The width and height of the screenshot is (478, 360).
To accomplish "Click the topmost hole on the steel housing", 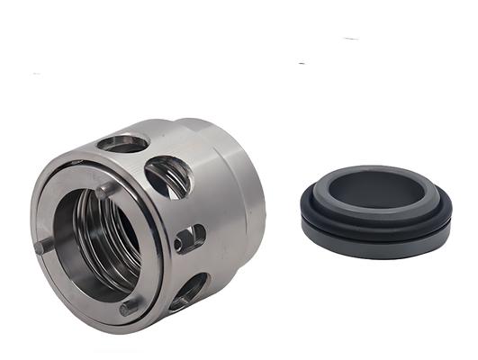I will coord(123,142).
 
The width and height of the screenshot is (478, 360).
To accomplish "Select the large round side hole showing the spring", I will coord(167,175).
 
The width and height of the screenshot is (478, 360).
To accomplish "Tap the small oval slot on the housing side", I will coord(189,238).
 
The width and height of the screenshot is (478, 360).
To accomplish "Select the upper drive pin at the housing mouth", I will coord(106,190).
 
